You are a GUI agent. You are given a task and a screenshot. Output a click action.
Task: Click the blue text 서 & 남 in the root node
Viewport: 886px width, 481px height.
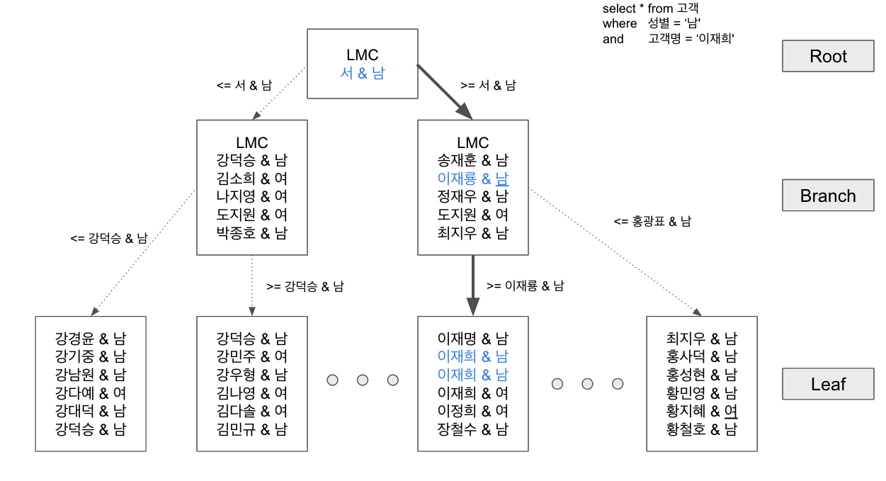tap(362, 73)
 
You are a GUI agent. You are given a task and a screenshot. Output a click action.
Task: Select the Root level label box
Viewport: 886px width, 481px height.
tap(828, 57)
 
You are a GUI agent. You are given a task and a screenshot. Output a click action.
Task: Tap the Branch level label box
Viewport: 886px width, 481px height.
tap(828, 196)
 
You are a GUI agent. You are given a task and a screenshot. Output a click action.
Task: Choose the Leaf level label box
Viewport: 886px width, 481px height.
tap(828, 385)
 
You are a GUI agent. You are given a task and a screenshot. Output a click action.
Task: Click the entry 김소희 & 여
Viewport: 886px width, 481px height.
tap(251, 178)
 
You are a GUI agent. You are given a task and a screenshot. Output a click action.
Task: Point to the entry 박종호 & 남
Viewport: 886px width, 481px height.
tap(251, 232)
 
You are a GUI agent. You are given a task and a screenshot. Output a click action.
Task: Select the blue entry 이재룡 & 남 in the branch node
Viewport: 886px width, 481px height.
tap(472, 179)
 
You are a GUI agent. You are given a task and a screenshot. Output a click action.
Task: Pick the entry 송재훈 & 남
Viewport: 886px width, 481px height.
tap(472, 160)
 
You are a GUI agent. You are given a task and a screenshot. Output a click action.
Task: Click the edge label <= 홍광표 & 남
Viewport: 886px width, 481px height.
tap(652, 221)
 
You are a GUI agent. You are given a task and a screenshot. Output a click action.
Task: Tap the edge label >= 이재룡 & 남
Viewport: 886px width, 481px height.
tap(526, 286)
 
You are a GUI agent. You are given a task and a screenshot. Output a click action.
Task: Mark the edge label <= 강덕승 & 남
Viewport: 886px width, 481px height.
tap(109, 239)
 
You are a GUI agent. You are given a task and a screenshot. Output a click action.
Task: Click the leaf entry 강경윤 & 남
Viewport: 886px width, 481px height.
tap(90, 339)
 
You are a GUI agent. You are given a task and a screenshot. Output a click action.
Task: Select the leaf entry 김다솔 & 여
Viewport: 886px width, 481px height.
tap(251, 411)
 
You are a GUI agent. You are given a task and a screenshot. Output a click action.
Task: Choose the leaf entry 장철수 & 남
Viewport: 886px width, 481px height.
tap(472, 429)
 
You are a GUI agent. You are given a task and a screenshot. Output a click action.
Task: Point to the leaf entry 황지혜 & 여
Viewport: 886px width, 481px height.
tap(701, 411)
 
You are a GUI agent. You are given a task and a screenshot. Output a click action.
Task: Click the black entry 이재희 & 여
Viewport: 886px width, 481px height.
tap(472, 392)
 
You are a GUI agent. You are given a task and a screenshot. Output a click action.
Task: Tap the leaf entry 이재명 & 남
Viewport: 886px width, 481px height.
tap(472, 339)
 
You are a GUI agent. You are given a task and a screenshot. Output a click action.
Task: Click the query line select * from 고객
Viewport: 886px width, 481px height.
tap(651, 9)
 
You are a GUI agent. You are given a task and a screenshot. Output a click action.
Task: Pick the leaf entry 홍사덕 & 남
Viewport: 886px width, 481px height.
tap(701, 356)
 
